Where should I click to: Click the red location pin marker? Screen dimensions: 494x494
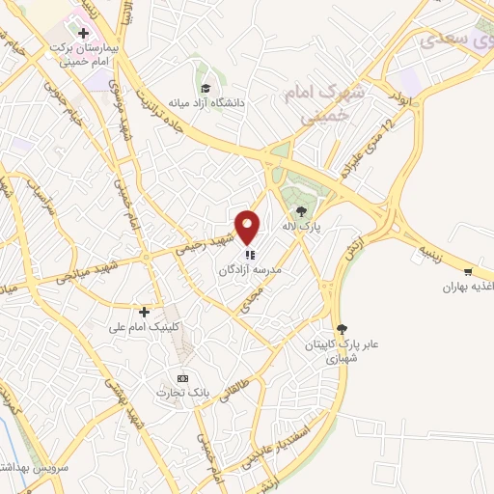point(249,228)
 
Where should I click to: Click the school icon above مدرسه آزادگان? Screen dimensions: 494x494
point(250,256)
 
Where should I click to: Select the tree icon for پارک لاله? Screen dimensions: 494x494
point(301,210)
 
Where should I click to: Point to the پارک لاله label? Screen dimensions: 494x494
point(300,226)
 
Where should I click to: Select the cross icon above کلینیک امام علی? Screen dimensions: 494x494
point(144,312)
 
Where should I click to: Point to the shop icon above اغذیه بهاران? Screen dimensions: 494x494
point(468,273)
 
